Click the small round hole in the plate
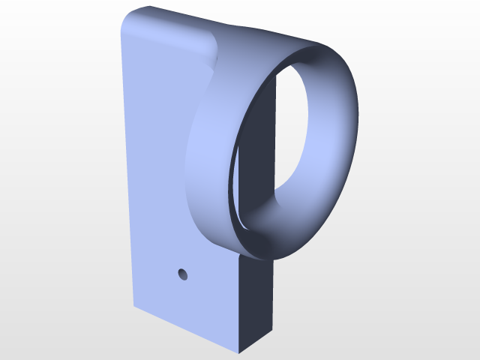182,274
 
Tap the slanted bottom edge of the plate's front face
187,330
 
